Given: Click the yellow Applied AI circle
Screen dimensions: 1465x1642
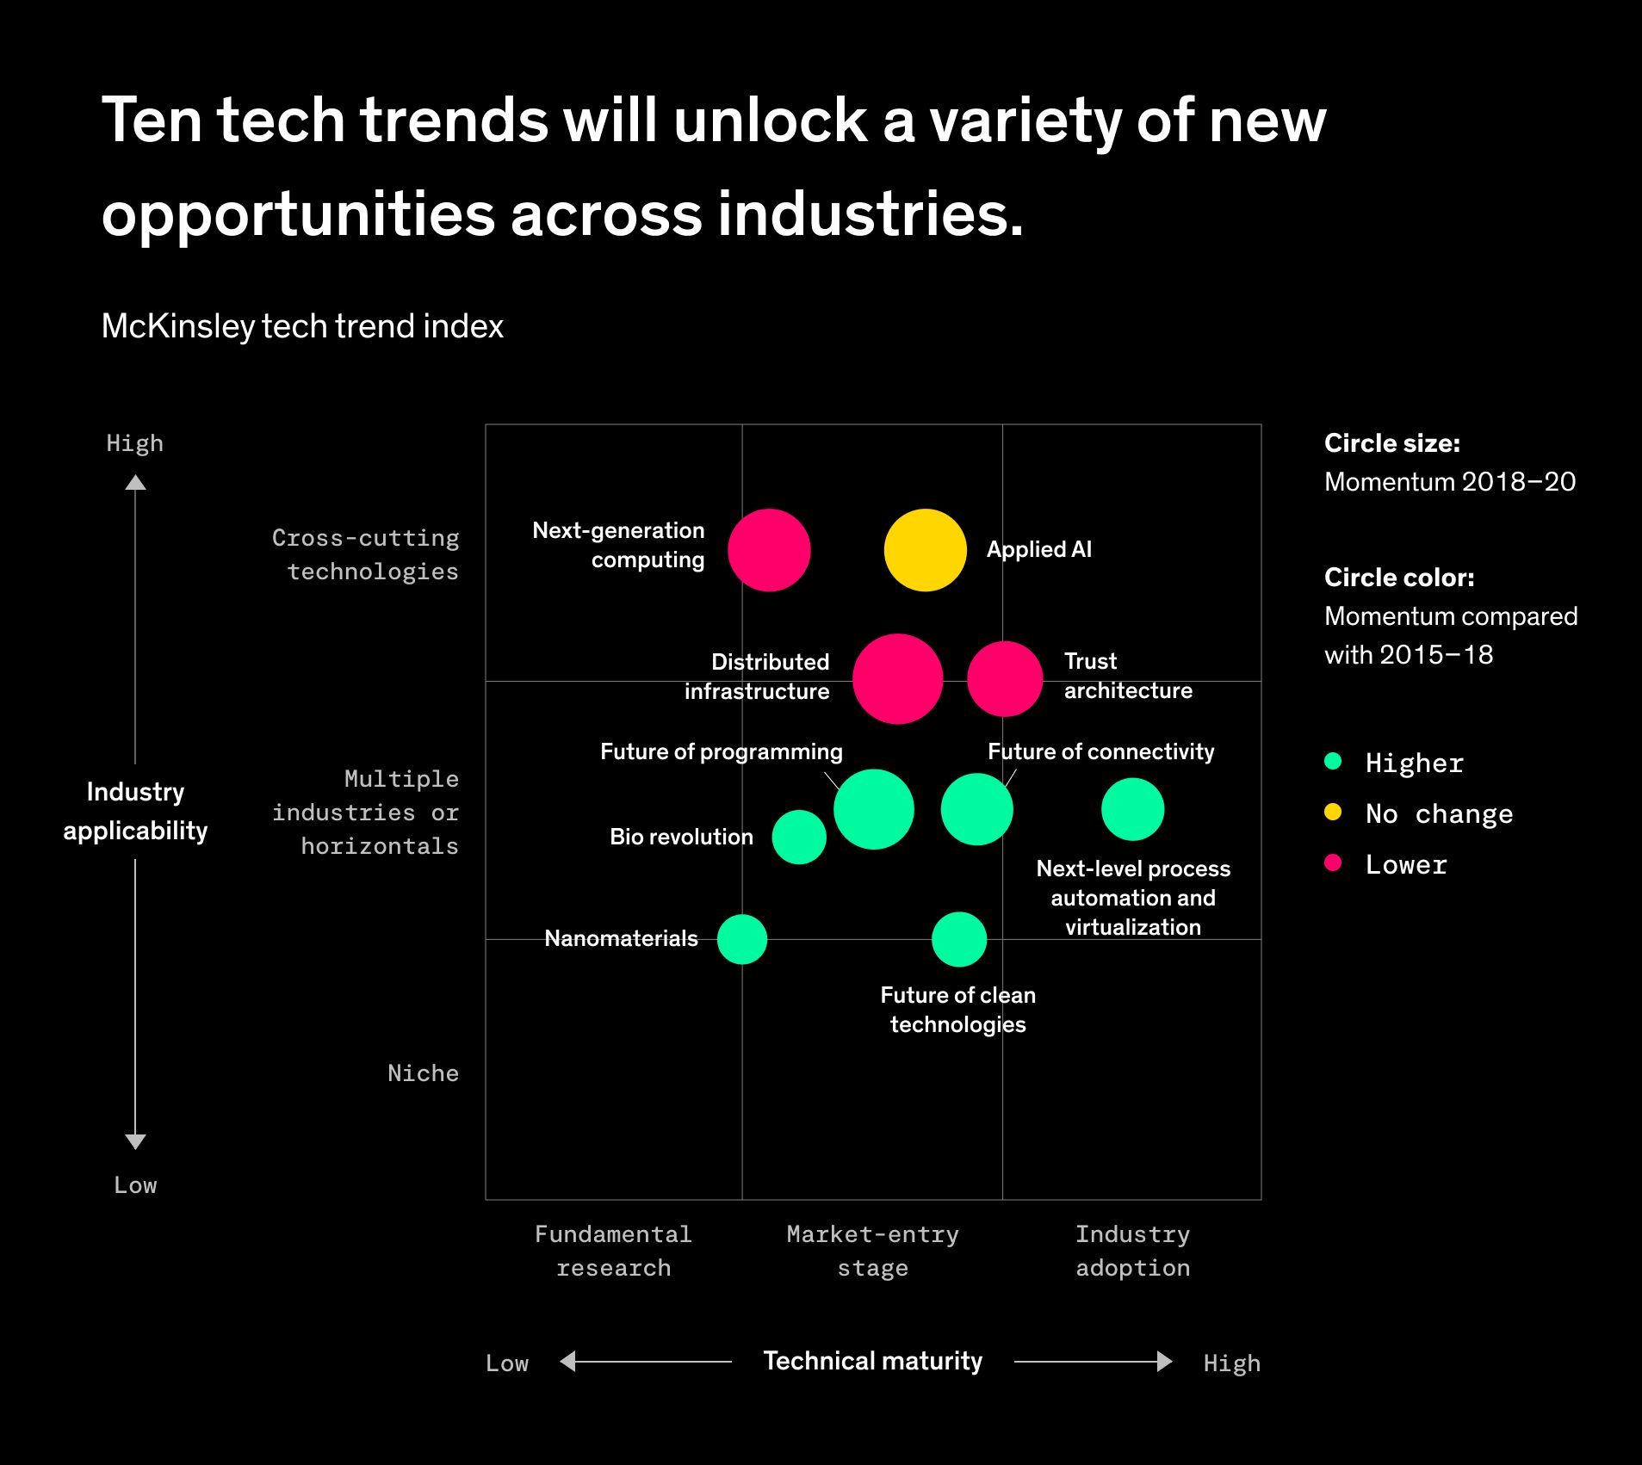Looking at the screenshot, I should [x=925, y=550].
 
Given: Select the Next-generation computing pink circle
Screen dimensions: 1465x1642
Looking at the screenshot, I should [x=769, y=550].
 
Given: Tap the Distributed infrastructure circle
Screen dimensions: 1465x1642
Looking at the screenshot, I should [x=897, y=679].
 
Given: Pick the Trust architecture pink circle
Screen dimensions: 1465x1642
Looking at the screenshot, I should [x=1005, y=679].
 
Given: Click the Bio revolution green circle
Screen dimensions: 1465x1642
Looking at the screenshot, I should [x=799, y=837].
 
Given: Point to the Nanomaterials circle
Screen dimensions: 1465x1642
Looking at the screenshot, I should [x=741, y=939].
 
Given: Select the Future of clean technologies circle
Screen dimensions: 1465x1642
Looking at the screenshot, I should [x=958, y=939].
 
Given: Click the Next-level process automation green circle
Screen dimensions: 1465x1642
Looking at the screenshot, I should [x=1132, y=809].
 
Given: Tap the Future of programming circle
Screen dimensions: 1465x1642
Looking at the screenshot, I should [x=873, y=809].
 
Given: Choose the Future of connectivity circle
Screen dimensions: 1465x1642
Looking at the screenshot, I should [x=976, y=809].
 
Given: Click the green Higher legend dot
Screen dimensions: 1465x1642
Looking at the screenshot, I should [x=1333, y=761].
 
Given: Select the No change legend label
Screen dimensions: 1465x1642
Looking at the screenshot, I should [x=1439, y=813].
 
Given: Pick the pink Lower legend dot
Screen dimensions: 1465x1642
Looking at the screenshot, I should [x=1333, y=862].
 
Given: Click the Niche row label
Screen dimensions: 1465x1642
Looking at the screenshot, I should [x=423, y=1073].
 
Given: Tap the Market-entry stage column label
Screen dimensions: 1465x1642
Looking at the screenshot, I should [x=872, y=1251].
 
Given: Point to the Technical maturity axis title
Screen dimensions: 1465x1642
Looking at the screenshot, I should [x=872, y=1361].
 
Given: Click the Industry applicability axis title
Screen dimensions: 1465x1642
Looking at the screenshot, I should [x=135, y=811].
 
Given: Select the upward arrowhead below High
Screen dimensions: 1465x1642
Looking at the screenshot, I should [x=135, y=483].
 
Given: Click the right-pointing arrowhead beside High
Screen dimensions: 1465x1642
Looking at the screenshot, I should [x=1164, y=1361].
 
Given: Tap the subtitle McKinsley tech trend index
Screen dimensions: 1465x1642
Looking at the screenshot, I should [x=302, y=326].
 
